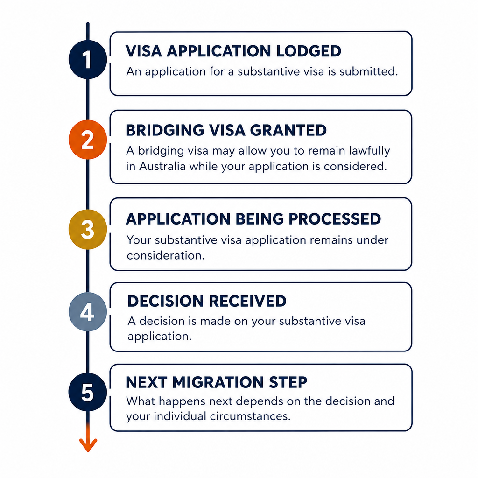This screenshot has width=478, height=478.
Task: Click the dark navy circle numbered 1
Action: [88, 59]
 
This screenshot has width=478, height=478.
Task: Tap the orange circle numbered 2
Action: [88, 140]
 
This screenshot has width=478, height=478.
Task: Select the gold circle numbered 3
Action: [88, 229]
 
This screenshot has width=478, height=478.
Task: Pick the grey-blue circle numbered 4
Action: [88, 312]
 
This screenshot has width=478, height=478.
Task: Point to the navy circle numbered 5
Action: [88, 392]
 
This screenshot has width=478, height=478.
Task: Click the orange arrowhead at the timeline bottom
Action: [88, 445]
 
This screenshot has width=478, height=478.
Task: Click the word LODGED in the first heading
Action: [309, 51]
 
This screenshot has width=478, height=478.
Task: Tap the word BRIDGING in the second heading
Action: [165, 130]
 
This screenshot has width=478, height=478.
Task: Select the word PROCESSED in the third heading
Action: [335, 219]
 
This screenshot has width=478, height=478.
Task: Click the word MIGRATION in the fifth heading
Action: [218, 382]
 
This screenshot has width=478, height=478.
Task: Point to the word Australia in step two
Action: [162, 167]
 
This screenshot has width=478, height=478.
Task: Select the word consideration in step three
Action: [166, 255]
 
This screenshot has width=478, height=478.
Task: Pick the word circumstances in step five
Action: [250, 416]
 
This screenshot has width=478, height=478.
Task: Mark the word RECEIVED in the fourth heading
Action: [248, 301]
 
